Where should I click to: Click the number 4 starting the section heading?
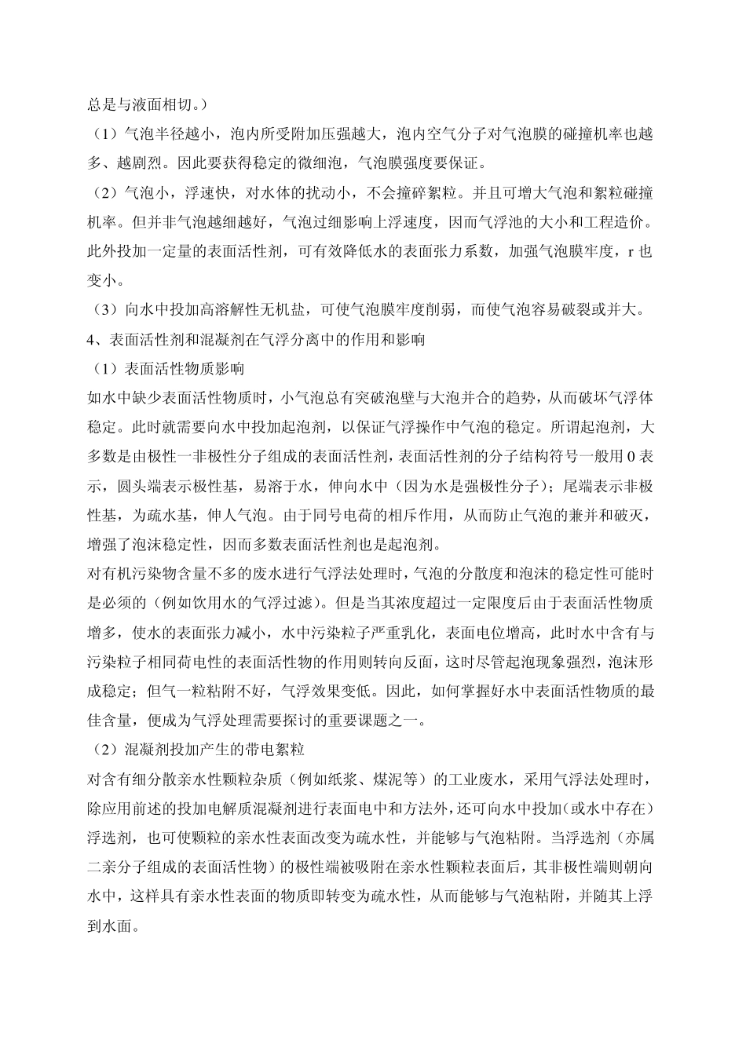[90, 340]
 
